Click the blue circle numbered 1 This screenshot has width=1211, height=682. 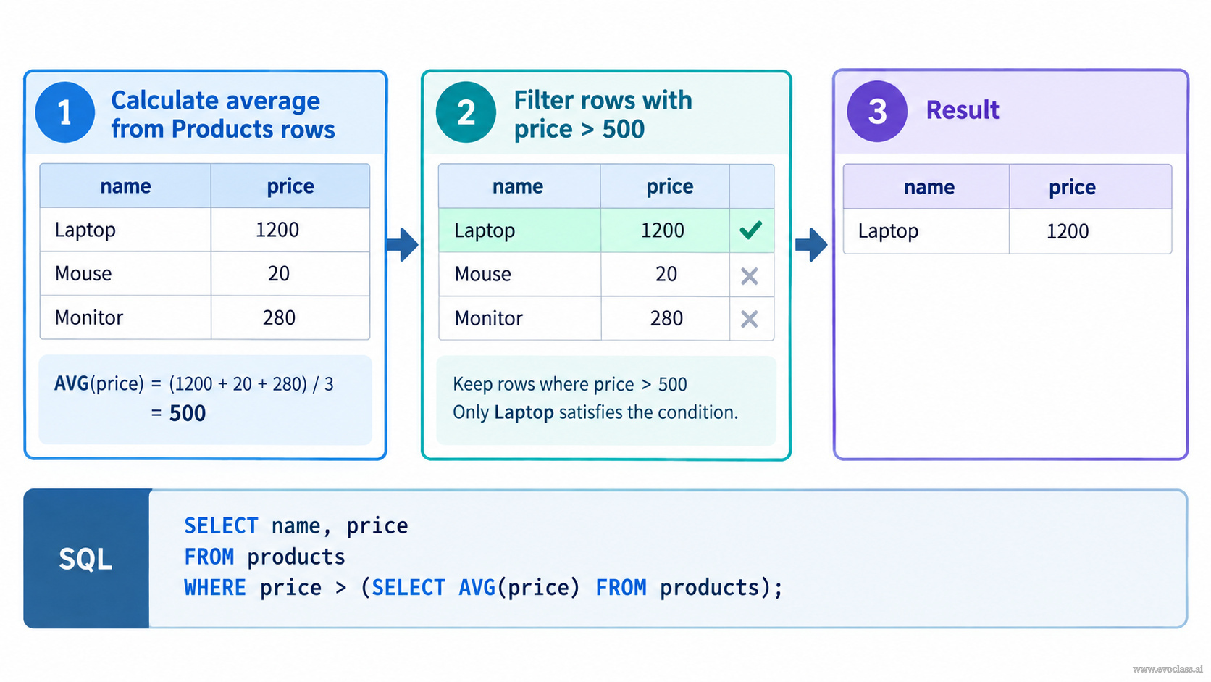65,112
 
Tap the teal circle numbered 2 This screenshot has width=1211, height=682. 466,112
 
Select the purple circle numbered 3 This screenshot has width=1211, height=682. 877,112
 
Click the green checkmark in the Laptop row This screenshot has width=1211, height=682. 751,230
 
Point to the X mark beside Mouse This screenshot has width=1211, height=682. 750,276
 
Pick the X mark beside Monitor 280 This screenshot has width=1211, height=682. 750,319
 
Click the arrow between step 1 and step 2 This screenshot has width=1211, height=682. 402,244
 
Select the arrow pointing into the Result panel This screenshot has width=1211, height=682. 811,244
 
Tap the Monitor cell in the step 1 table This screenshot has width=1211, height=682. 125,317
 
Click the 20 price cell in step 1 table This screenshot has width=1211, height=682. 290,274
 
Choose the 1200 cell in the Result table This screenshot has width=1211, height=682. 1091,231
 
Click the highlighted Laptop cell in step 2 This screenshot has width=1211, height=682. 519,230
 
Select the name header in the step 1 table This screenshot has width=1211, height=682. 125,186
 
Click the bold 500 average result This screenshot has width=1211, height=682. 188,413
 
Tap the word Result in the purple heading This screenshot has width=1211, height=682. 963,110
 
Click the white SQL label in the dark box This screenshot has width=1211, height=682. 85,560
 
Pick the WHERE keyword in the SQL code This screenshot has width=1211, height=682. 214,588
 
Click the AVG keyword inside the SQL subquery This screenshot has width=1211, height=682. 477,588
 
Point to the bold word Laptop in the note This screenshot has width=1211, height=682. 524,412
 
